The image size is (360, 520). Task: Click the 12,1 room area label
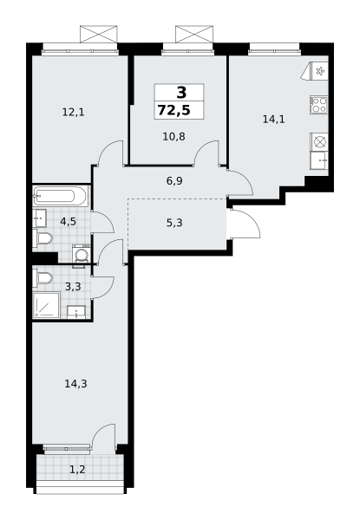pyautogui.click(x=74, y=113)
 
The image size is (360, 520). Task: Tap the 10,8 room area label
pyautogui.click(x=173, y=136)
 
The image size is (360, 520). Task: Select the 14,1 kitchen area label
pyautogui.click(x=274, y=119)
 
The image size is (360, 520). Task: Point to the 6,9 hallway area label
pyautogui.click(x=174, y=181)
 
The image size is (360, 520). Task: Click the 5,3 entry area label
pyautogui.click(x=174, y=223)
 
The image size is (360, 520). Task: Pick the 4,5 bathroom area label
pyautogui.click(x=68, y=221)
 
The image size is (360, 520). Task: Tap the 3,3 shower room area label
pyautogui.click(x=73, y=286)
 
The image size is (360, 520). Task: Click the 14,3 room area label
pyautogui.click(x=75, y=384)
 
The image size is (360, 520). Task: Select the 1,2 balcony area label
pyautogui.click(x=77, y=469)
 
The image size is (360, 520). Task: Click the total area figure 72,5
pyautogui.click(x=174, y=110)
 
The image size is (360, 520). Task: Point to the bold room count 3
pyautogui.click(x=181, y=93)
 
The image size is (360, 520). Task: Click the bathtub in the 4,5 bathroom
pyautogui.click(x=61, y=196)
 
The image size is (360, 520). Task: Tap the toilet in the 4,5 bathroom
pyautogui.click(x=43, y=237)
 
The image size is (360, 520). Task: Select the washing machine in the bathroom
pyautogui.click(x=81, y=255)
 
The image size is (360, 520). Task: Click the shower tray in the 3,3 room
pyautogui.click(x=46, y=305)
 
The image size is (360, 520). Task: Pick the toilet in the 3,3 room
pyautogui.click(x=43, y=278)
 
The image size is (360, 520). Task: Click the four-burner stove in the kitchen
pyautogui.click(x=319, y=105)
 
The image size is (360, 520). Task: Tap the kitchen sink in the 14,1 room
pyautogui.click(x=319, y=161)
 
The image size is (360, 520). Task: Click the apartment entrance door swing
pyautogui.click(x=246, y=222)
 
